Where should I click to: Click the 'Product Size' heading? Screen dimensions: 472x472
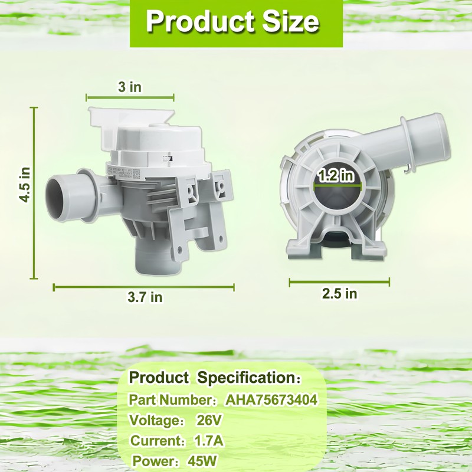click(x=232, y=22)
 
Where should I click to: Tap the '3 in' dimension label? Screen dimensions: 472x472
click(x=129, y=87)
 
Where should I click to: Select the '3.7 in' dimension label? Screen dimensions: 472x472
click(x=145, y=297)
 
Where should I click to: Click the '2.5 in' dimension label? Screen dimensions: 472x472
click(x=340, y=293)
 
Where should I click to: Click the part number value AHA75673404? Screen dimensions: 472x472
click(x=271, y=400)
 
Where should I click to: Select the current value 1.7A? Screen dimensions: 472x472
click(x=208, y=441)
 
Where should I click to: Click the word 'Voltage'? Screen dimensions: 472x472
click(x=154, y=421)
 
